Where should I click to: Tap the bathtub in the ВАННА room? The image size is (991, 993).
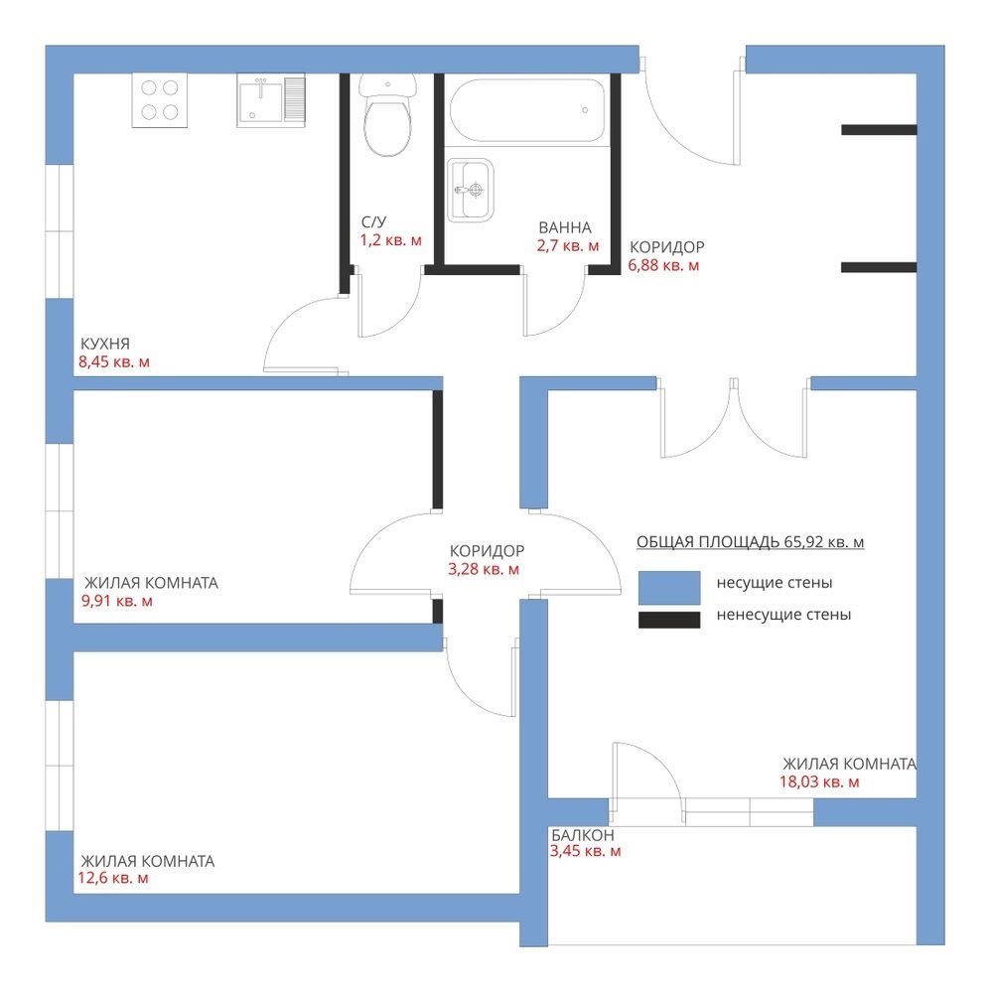point(527,109)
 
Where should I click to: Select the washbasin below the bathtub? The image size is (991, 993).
point(470,190)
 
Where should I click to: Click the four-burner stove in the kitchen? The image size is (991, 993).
point(160,100)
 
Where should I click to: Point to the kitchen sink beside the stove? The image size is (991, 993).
point(271,100)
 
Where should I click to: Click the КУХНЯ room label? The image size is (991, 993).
point(105,344)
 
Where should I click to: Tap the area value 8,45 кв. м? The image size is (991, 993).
point(114,362)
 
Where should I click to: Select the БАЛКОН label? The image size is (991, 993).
point(583,835)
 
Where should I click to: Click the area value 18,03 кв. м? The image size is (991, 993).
point(819,782)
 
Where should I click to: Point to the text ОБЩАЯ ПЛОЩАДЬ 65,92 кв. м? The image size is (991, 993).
point(751,542)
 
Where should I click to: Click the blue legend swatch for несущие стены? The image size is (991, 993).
point(669,588)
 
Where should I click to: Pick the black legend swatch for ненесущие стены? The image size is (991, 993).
point(669,620)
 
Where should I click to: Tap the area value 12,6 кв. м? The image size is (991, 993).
point(113,879)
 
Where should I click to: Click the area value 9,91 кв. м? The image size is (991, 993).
point(117,601)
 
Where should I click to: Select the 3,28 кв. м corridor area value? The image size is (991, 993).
point(484,569)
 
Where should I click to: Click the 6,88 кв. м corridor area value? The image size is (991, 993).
point(663,265)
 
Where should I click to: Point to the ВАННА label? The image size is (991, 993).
point(565,228)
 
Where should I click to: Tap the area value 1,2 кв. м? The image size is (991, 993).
point(390,240)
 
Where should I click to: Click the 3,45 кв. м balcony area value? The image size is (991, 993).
point(585,852)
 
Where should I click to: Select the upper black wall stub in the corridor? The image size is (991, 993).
point(879,130)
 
